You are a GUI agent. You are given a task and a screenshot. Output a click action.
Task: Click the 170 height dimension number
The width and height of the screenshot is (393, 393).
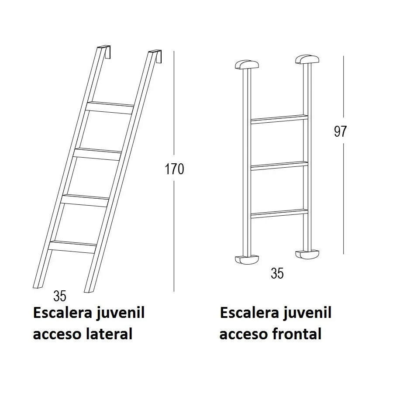[174, 169]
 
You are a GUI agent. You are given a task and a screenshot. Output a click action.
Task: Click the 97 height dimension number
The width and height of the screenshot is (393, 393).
[340, 131]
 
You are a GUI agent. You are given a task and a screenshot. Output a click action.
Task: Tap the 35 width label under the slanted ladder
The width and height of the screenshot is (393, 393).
[60, 296]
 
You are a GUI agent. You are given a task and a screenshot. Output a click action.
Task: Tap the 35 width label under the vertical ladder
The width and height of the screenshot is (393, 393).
[277, 273]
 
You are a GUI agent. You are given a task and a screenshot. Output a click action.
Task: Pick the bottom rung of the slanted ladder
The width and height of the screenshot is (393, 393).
[73, 246]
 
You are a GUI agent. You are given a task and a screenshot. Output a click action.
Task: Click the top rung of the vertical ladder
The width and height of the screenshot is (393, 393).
[279, 119]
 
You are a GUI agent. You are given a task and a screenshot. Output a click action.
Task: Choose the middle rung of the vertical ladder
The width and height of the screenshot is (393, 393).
[279, 166]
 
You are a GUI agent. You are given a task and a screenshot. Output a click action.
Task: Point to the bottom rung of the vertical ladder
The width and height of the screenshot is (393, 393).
[279, 214]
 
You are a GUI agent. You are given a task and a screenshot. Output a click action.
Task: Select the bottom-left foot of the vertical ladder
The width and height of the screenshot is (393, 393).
[247, 259]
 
